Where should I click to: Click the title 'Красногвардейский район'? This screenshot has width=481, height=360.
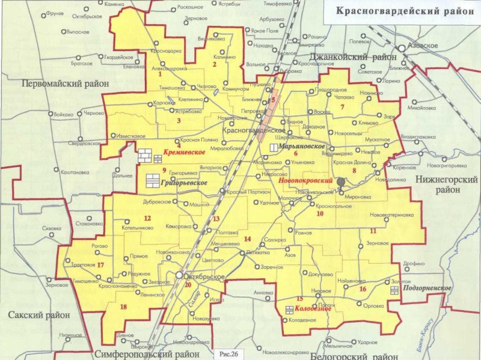401,11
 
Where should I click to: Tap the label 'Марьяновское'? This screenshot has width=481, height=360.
302,147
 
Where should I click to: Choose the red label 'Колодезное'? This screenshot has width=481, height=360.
310,310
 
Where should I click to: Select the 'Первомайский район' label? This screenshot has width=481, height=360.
64,84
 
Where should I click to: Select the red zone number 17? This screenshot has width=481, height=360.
100,265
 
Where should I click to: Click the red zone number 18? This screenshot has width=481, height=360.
124,308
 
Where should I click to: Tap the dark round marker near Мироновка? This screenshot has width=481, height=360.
342,182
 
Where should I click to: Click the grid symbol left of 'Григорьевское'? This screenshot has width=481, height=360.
153,180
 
